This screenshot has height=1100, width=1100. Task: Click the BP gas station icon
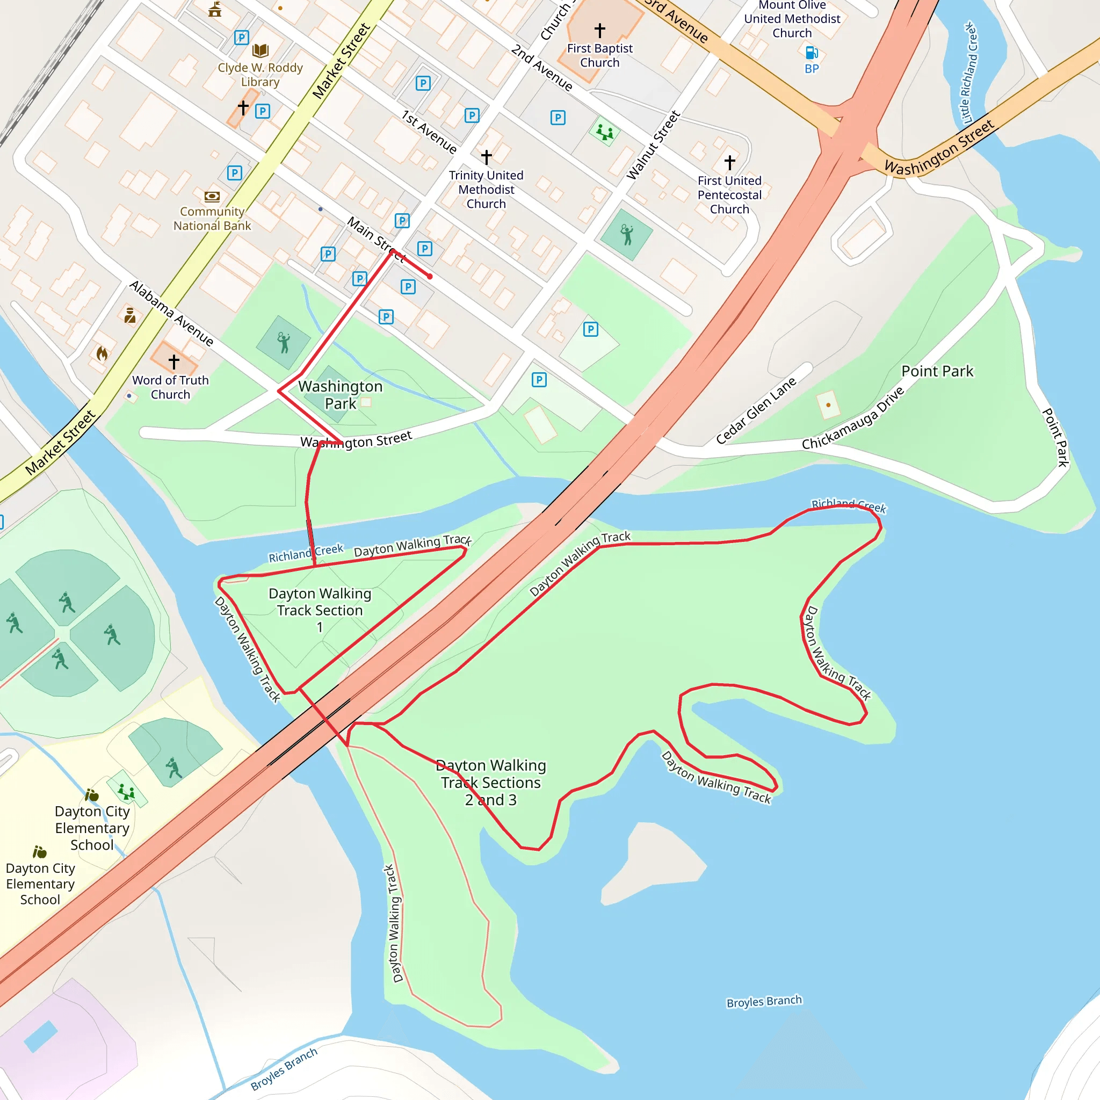coord(812,53)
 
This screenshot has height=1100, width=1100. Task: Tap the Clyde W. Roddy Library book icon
coord(260,50)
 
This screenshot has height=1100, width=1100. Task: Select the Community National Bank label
coord(212,219)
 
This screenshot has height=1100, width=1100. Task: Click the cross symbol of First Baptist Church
coord(599,30)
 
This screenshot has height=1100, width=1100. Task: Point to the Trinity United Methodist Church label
coord(486,190)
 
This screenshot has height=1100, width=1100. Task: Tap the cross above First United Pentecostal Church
coord(729,162)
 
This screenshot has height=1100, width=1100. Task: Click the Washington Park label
coord(340,395)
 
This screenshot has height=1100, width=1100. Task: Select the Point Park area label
coord(937,371)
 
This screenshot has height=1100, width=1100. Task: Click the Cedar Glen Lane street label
coord(756,410)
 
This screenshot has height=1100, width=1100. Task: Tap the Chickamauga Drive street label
coord(852,418)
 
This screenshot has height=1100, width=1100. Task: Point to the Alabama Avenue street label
coord(171,313)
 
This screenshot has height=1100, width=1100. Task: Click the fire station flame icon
coord(102,353)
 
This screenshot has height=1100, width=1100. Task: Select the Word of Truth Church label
coord(170,387)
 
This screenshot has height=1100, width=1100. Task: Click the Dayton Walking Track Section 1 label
coord(320,610)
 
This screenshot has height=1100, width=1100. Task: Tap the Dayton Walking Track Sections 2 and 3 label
coord(490,782)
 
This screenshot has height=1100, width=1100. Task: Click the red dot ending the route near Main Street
coord(430,276)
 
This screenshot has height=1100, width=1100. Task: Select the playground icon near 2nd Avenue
coord(605,132)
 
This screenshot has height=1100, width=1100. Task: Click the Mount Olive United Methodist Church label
coord(792,19)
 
